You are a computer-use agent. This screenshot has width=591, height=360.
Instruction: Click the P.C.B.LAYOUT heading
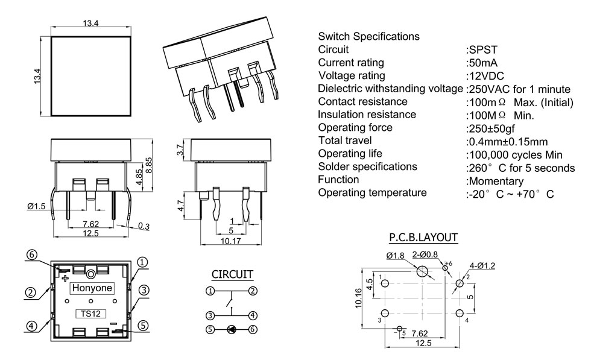tap(423, 238)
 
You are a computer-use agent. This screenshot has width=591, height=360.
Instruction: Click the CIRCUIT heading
tap(232, 274)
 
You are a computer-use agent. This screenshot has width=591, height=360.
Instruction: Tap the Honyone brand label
tap(92, 288)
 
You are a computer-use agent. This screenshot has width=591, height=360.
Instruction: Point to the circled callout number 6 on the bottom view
tap(33, 254)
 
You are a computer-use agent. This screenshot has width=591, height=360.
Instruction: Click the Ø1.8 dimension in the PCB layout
tap(395, 256)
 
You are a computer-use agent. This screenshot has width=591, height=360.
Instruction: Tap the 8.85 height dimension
tap(159, 163)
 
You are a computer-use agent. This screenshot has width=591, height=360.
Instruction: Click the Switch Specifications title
tap(368, 36)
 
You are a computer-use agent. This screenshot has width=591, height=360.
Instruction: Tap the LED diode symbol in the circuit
tap(231, 329)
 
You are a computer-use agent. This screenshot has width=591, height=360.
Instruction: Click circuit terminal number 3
tap(210, 315)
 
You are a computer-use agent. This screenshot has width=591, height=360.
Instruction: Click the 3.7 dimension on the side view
tap(179, 150)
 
